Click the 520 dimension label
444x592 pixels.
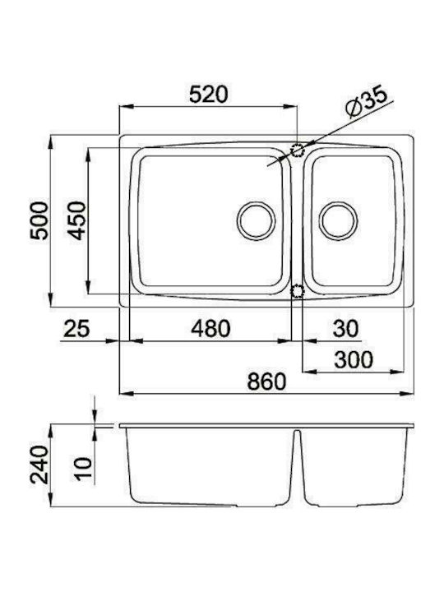208,94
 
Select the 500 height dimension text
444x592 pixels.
39,221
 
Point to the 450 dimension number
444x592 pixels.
77,221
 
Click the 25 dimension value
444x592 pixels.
77,328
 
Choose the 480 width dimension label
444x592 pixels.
210,328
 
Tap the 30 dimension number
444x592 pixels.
345,328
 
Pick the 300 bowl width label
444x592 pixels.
354,359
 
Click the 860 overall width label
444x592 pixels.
266,382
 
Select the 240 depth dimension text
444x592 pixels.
39,465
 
